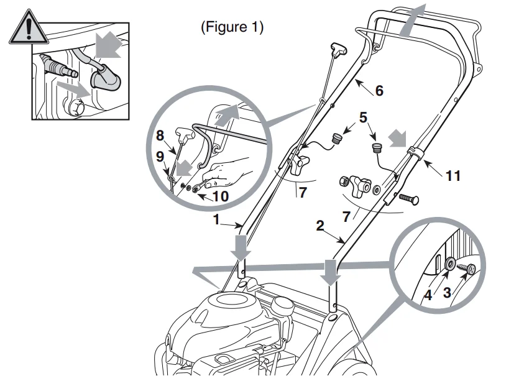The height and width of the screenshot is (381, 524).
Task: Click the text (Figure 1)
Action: click(x=232, y=27)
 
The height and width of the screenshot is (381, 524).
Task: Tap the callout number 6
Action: click(x=379, y=91)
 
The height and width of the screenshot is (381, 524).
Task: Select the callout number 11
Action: click(x=453, y=176)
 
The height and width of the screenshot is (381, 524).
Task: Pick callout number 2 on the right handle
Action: click(x=319, y=226)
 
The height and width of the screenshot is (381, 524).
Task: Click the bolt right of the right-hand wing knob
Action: click(x=408, y=199)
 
